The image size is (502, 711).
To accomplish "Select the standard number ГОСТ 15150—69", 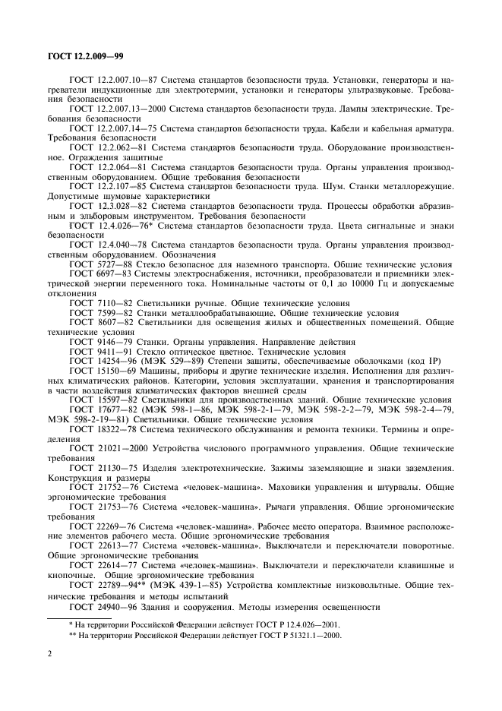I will [x=101, y=371].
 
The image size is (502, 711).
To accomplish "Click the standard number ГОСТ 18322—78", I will [x=101, y=430].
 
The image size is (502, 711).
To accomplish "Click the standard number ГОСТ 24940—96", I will [x=101, y=606].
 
